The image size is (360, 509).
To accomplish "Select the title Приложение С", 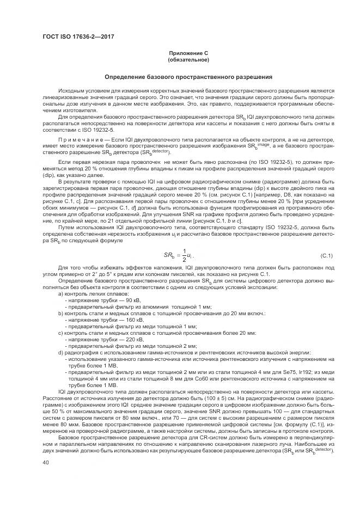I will click(x=188, y=53).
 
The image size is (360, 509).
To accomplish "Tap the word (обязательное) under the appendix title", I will click(x=188, y=59).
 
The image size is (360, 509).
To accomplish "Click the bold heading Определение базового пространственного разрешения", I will click(x=188, y=77).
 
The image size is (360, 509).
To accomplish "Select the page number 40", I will click(x=46, y=463).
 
